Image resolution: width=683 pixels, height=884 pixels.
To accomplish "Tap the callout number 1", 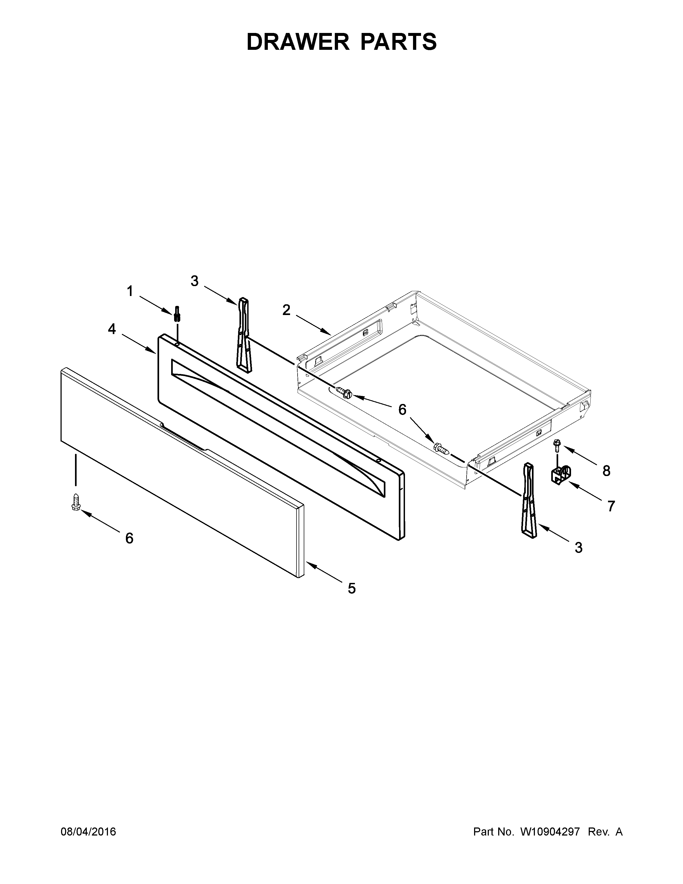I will (130, 291).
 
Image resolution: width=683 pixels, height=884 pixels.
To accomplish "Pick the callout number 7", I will (611, 506).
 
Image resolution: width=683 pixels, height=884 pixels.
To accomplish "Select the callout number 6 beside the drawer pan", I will (402, 410).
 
